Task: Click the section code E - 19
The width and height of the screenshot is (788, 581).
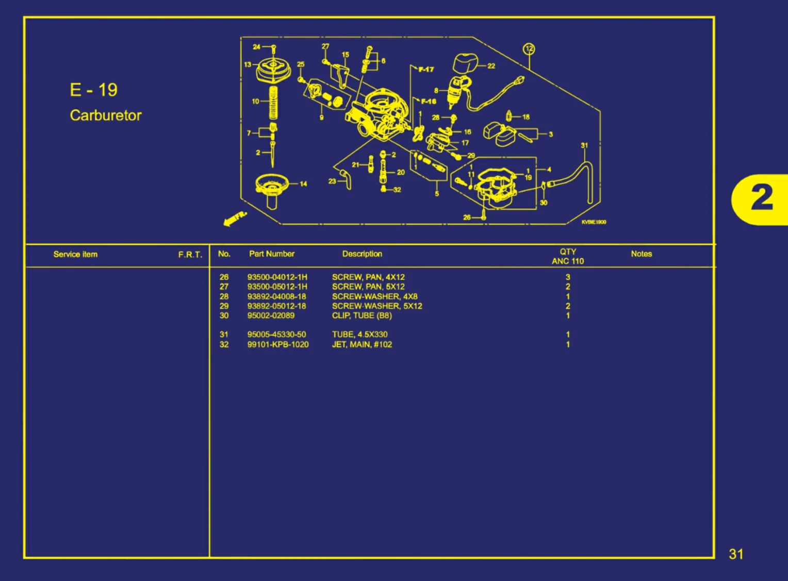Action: [93, 90]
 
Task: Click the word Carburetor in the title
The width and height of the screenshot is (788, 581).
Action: [106, 115]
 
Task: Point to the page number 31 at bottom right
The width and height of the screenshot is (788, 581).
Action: [736, 554]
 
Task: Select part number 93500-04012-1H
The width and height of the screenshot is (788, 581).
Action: [277, 277]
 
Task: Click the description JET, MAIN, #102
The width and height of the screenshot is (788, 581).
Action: [362, 344]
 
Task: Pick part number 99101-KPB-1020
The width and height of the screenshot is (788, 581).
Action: [277, 344]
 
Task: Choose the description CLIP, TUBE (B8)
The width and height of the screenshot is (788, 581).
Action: [362, 316]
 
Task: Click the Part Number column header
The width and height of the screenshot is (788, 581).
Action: [272, 254]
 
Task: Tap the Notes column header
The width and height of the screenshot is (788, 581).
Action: [641, 254]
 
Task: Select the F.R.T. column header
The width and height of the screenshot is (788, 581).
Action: [190, 255]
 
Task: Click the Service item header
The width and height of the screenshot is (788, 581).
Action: [75, 254]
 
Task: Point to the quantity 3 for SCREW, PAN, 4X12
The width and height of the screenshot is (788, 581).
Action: [568, 277]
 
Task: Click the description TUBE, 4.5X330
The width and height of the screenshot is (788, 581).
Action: [359, 335]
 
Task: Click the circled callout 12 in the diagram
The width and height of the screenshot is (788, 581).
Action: [529, 49]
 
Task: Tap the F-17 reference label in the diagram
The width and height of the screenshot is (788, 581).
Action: [425, 69]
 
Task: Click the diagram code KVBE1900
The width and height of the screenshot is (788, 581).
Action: [594, 222]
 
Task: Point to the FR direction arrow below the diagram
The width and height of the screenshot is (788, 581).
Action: [235, 218]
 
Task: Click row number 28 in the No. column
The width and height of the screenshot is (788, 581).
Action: [224, 296]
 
